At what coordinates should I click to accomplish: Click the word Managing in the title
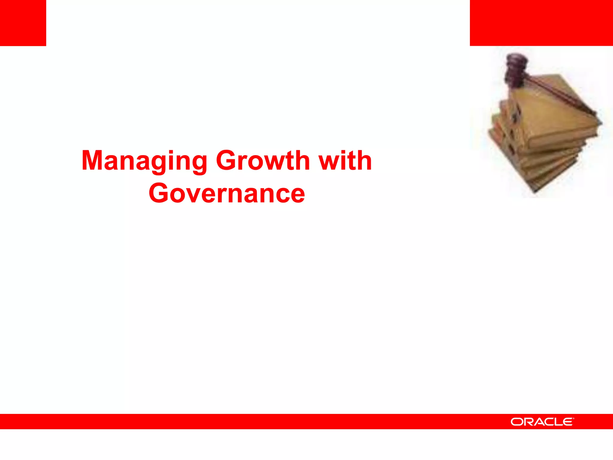click(x=144, y=161)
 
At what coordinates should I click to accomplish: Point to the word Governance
click(x=227, y=193)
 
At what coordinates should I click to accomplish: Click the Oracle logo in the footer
click(x=542, y=422)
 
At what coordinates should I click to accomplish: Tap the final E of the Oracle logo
click(x=567, y=422)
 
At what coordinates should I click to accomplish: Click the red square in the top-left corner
click(x=23, y=23)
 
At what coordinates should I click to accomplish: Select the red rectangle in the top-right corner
click(x=541, y=23)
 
